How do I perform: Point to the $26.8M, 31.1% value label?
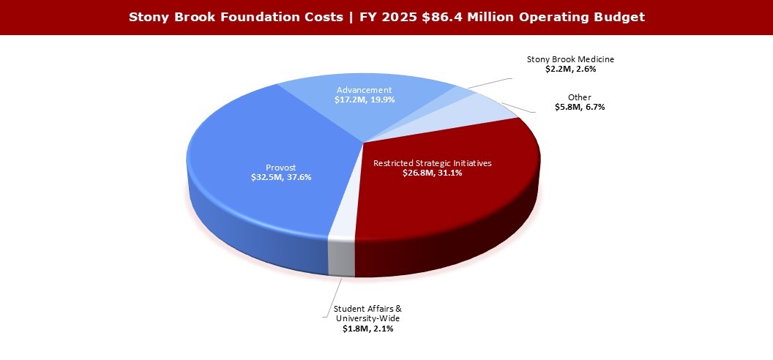[x=433, y=173]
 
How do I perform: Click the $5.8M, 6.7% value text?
[x=579, y=107]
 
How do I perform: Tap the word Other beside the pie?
[x=579, y=97]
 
